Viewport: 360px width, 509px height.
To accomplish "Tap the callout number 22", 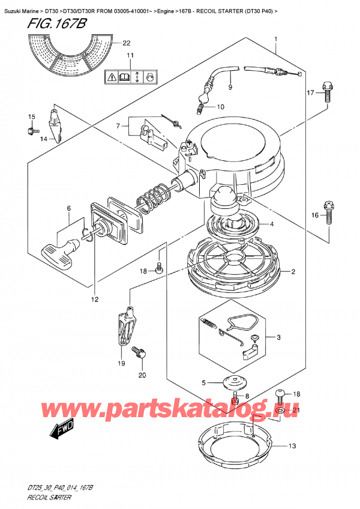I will (x=125, y=43).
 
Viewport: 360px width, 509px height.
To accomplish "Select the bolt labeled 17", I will (x=326, y=91).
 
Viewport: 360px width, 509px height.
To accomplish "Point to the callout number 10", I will (x=220, y=107).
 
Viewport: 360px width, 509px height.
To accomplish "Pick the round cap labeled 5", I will (x=233, y=382).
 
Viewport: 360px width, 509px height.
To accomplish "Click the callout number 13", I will (x=292, y=445).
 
